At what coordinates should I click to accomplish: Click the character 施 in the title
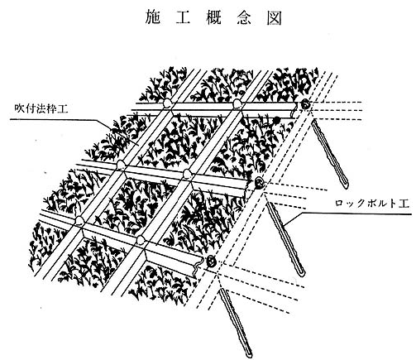tap(152, 17)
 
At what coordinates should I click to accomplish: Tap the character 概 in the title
tap(213, 17)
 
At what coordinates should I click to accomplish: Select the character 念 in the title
tap(244, 17)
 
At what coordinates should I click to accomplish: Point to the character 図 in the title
tap(275, 17)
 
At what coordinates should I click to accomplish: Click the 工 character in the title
tap(183, 17)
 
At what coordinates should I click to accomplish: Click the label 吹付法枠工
tap(41, 109)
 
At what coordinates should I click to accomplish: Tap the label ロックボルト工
tap(372, 204)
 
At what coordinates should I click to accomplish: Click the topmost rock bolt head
tap(305, 104)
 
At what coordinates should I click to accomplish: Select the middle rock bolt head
tap(259, 182)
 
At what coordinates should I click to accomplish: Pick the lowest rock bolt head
tap(211, 261)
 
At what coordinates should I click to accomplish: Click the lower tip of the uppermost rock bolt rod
tap(347, 185)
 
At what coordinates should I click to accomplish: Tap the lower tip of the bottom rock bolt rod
tap(249, 354)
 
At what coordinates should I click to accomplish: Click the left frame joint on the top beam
tap(167, 103)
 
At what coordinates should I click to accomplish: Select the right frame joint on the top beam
tap(237, 103)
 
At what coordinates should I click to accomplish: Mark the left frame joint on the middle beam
tap(121, 165)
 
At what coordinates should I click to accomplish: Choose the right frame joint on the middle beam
tap(188, 173)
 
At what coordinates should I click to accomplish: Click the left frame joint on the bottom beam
tap(80, 221)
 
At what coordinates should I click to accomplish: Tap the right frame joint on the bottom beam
tap(141, 239)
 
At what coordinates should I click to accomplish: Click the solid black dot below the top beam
tap(276, 119)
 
